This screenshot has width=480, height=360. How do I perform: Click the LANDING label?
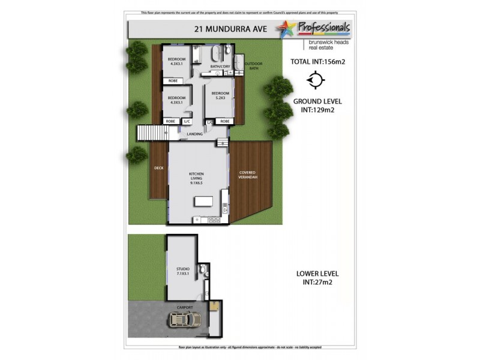(x=194, y=134)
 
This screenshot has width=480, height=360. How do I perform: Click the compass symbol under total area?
(x=316, y=80)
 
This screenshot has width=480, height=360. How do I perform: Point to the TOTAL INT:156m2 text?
(x=317, y=61)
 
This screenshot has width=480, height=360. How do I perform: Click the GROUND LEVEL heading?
(x=317, y=102)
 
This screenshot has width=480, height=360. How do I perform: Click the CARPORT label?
(x=185, y=308)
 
